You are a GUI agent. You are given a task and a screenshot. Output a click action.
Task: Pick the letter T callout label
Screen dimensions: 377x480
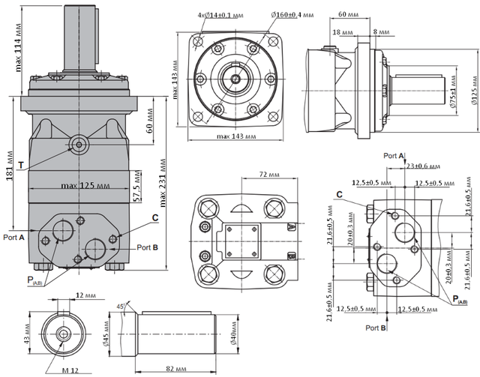21,164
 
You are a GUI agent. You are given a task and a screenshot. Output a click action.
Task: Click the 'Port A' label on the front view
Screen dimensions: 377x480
13,236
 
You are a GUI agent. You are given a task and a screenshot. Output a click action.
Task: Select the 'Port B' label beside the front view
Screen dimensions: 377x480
147,247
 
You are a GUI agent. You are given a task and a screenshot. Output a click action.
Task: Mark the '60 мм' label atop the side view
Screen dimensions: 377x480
348,15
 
